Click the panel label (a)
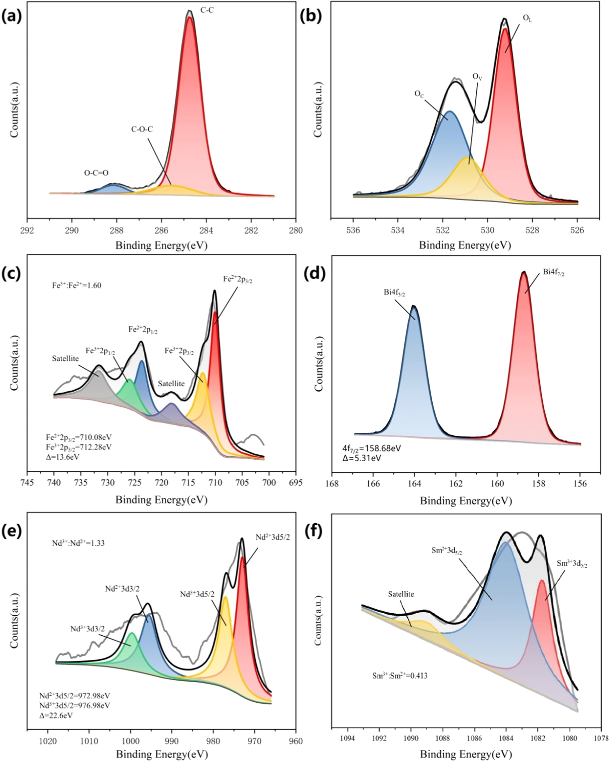12,17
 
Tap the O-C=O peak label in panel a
96,173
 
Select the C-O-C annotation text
142,130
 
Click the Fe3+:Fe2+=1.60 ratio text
76,285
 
